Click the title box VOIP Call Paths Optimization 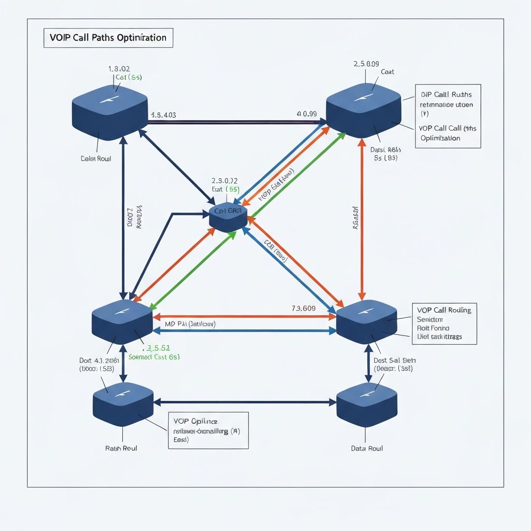[x=108, y=38]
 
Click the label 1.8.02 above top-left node [x=119, y=68]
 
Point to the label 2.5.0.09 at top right [x=366, y=64]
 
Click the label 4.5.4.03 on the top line [x=163, y=115]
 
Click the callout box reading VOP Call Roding [x=444, y=323]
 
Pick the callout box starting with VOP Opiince [x=208, y=430]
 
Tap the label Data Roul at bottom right [x=367, y=448]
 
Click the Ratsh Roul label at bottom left [x=121, y=448]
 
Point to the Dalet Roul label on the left [x=96, y=159]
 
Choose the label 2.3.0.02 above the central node [x=225, y=181]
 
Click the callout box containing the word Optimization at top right [x=448, y=116]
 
